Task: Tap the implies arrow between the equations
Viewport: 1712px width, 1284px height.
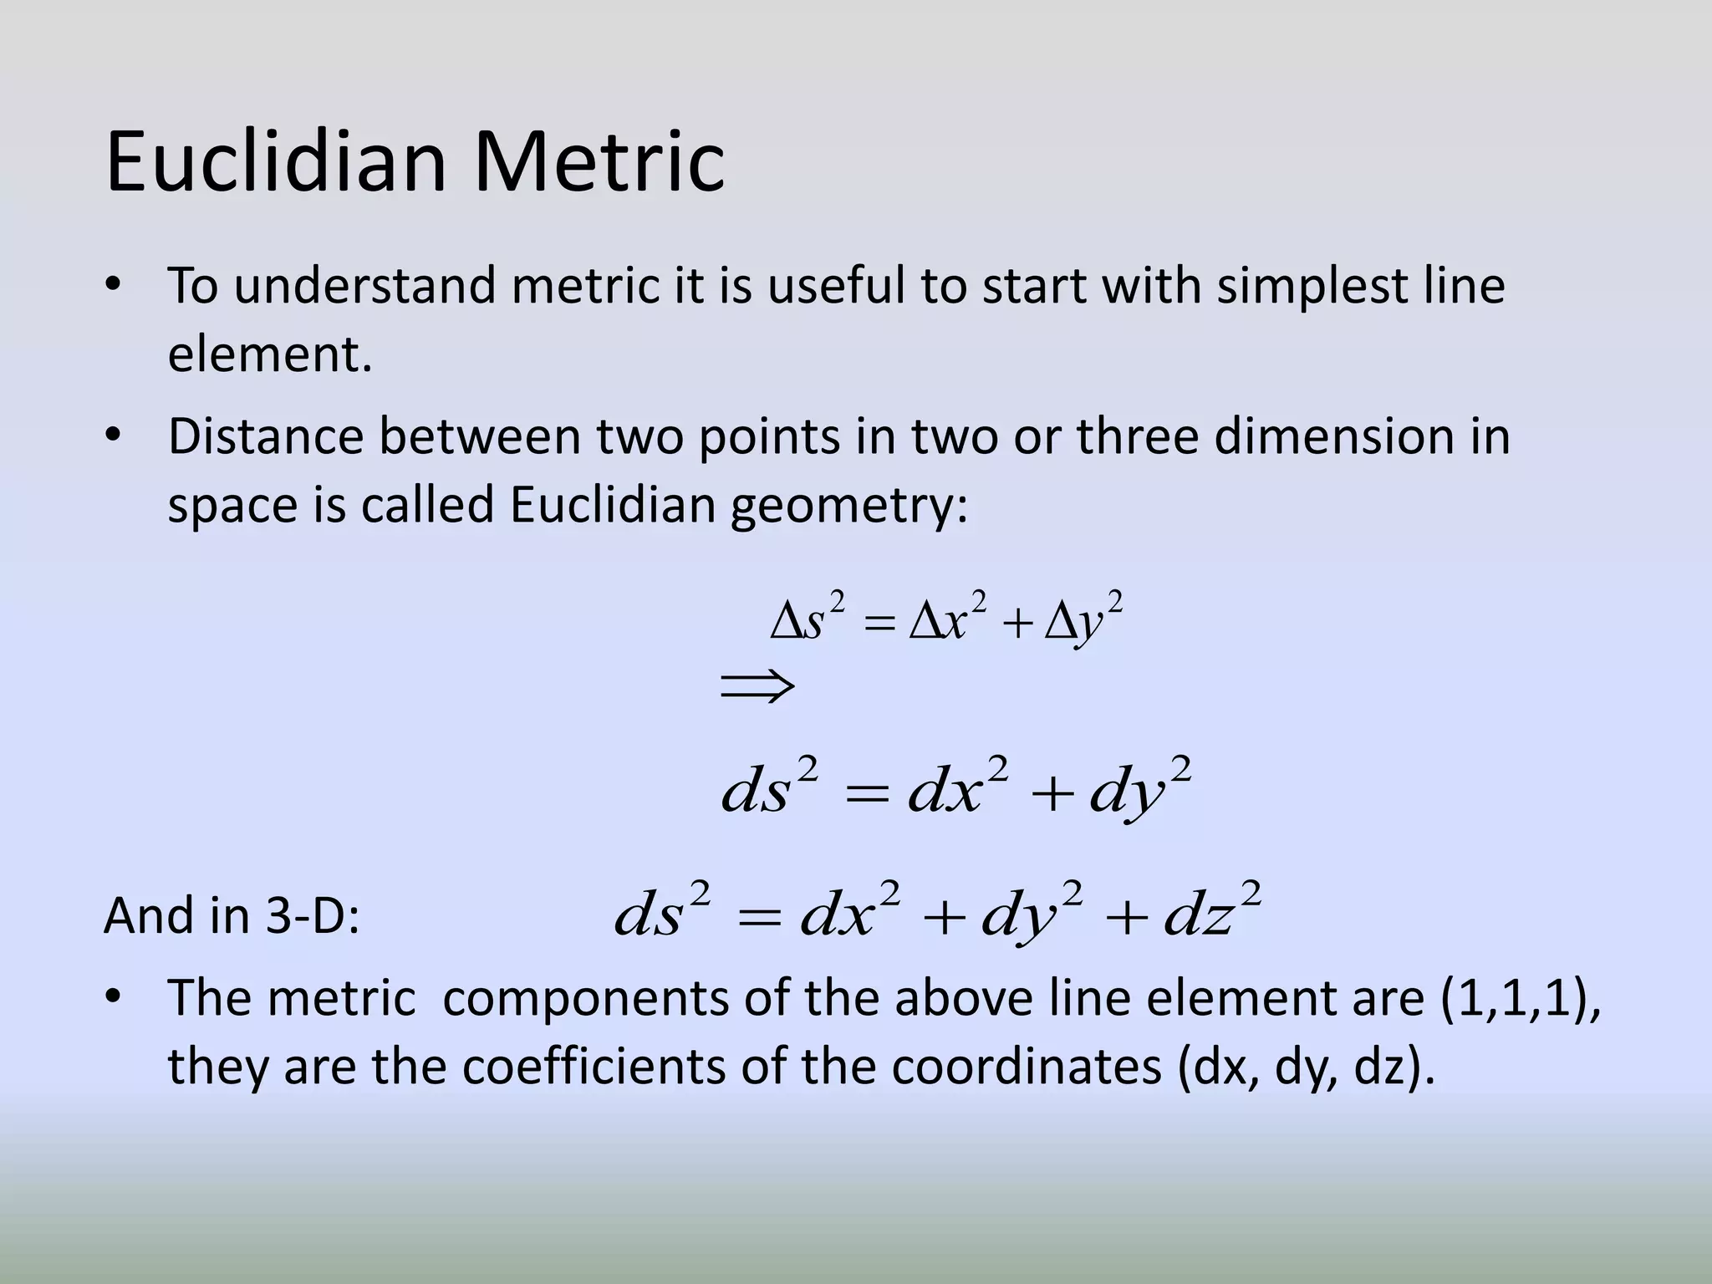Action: pyautogui.click(x=757, y=687)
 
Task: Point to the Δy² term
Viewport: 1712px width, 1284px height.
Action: pyautogui.click(x=1083, y=619)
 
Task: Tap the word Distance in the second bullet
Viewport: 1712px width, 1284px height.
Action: pyautogui.click(x=265, y=436)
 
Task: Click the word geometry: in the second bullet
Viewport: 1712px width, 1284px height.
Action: pyautogui.click(x=849, y=507)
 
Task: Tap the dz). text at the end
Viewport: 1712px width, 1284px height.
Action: pyautogui.click(x=1394, y=1067)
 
